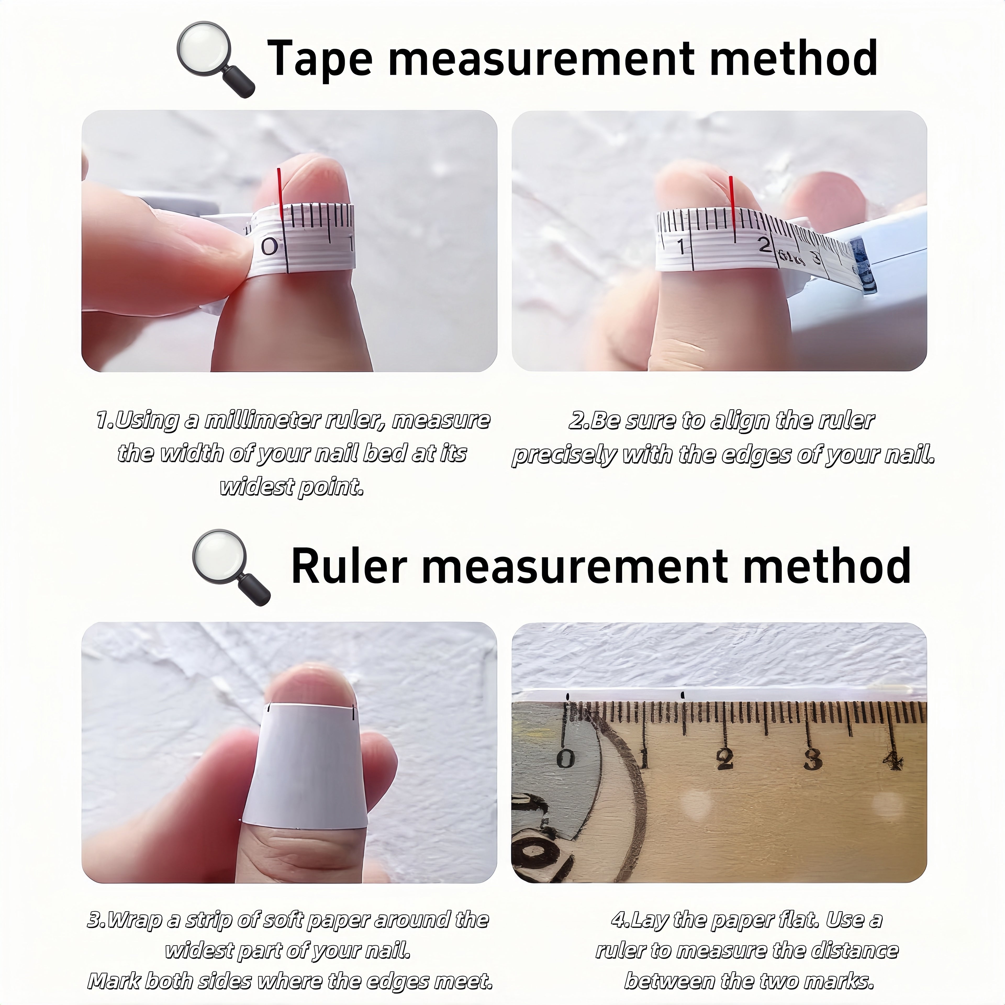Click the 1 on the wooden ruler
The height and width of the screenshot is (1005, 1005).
tap(644, 758)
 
